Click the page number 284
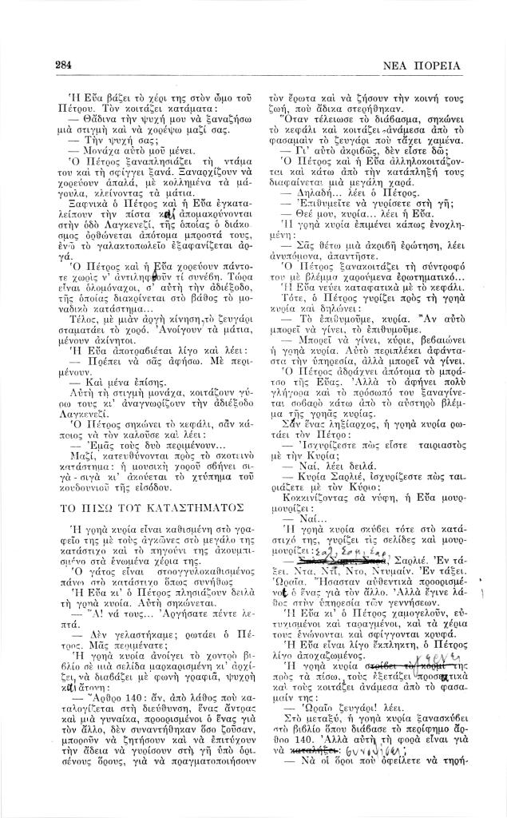65,65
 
